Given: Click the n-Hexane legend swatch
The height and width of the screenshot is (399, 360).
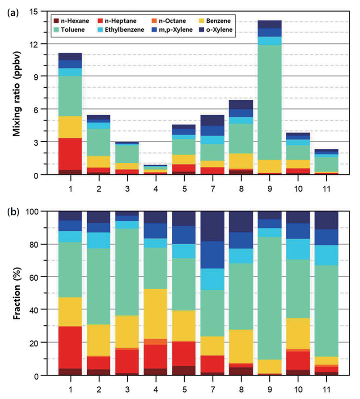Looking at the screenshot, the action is (56, 21).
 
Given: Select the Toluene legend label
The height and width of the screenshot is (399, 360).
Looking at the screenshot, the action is (72, 30).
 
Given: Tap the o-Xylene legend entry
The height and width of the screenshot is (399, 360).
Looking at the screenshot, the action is (216, 30).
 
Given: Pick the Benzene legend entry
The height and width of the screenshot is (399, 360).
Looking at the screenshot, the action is (215, 21).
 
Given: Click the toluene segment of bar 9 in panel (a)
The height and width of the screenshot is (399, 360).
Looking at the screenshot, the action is (270, 102).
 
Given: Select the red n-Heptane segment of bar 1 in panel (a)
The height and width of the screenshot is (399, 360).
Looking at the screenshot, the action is (70, 154).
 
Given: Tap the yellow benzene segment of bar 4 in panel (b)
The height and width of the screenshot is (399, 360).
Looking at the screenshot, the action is (156, 314).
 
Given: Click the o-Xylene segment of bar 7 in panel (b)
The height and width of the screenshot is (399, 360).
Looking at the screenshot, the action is (212, 226).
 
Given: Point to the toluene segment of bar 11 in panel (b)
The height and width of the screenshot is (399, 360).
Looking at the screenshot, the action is (327, 311).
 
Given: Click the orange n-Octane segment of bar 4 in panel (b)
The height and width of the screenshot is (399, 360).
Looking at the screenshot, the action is (156, 342).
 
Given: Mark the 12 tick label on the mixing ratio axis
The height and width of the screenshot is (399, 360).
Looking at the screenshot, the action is (33, 44).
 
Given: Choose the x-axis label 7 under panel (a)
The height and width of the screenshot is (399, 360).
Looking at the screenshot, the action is (213, 189).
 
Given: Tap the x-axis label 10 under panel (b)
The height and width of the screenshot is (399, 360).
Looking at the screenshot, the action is (298, 390).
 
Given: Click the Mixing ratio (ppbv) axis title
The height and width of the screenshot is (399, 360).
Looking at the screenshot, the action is (17, 94).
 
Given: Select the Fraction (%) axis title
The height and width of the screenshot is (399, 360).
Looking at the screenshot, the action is (17, 293).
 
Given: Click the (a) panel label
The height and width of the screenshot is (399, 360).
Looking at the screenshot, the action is (13, 13).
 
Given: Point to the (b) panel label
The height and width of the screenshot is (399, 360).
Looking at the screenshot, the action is (13, 212).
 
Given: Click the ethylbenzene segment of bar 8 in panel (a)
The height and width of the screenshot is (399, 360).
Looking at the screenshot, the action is (241, 121).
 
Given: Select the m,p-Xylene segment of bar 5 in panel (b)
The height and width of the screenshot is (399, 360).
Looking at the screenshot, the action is (184, 235).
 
